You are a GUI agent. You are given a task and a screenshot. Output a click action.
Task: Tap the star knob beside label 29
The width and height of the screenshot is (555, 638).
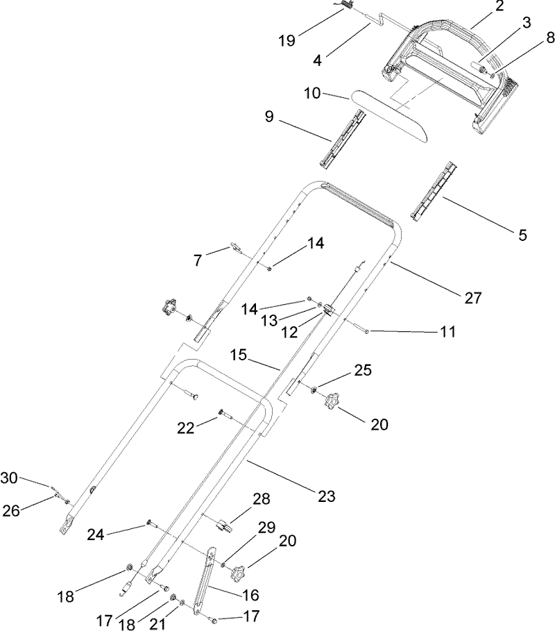tap(239, 573)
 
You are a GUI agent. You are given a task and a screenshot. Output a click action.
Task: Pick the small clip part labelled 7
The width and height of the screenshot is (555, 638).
tap(235, 249)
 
